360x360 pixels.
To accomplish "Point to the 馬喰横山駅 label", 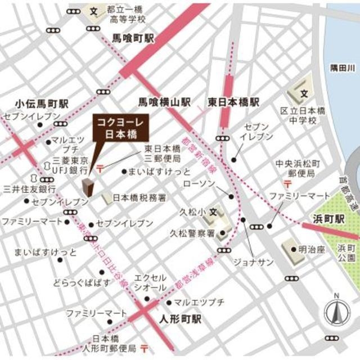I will [x=165, y=102].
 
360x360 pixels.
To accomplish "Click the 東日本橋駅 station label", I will [x=233, y=102].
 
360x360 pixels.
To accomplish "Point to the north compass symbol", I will [x=335, y=312].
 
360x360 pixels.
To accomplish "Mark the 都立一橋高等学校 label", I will [x=127, y=14].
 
